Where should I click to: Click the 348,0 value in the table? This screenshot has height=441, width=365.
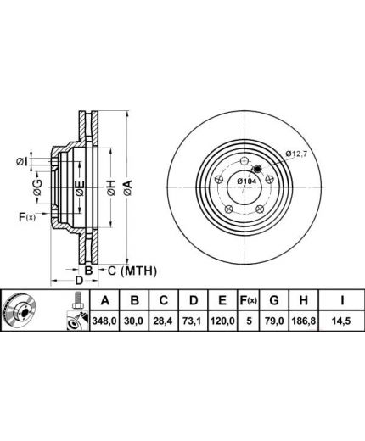[104, 321]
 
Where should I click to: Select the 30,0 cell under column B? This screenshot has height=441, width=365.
[135, 321]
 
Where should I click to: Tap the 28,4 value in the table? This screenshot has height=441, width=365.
[164, 321]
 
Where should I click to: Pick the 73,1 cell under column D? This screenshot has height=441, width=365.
[194, 321]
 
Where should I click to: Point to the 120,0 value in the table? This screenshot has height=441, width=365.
[222, 321]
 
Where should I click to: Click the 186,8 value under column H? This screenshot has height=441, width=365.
[304, 321]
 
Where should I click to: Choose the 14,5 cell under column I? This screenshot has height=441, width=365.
[342, 321]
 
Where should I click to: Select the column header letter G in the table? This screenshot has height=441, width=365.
[274, 300]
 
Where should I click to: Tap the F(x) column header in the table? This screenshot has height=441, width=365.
[248, 300]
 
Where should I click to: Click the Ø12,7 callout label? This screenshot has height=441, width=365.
[296, 154]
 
